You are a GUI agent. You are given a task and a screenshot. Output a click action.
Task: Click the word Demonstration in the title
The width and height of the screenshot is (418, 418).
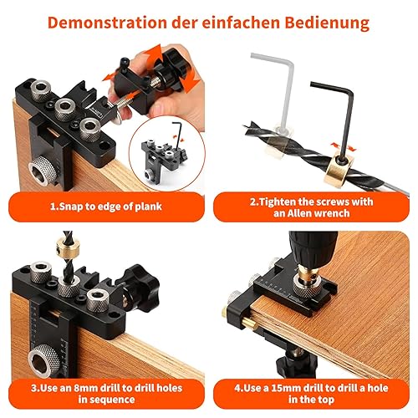[x=107, y=23]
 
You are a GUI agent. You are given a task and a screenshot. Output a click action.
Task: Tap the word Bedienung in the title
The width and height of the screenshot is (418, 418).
[x=327, y=23]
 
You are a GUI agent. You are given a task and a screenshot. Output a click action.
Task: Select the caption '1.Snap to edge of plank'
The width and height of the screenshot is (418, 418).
[x=106, y=206]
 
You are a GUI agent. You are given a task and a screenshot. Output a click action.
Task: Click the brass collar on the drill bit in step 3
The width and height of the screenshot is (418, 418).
[x=68, y=247]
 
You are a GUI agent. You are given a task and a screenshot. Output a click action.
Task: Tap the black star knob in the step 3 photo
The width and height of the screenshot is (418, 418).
[x=139, y=287]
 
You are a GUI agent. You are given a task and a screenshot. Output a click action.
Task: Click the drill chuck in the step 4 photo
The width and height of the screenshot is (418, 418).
[x=313, y=247]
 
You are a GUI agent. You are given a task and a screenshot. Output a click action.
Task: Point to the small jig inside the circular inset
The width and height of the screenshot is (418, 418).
[x=164, y=161]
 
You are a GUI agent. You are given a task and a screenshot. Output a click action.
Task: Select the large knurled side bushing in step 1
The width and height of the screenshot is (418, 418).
[x=43, y=171]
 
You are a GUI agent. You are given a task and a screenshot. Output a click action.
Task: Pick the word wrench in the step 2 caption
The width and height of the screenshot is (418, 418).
[x=335, y=213]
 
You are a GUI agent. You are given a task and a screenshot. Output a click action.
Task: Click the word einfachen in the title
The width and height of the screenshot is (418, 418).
[x=241, y=23]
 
